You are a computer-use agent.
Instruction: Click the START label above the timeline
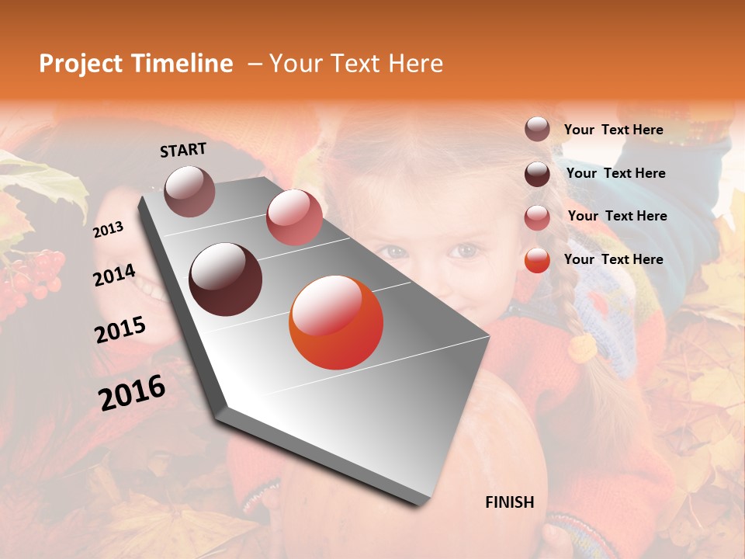(183, 150)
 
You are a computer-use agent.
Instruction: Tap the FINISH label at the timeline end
(509, 502)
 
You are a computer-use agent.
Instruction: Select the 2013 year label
(108, 229)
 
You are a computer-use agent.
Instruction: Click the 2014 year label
(114, 276)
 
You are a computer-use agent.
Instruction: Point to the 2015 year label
(120, 330)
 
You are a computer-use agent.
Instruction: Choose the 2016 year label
(132, 392)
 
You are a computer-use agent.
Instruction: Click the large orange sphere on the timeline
(336, 322)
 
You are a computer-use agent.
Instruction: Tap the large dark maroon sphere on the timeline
(226, 279)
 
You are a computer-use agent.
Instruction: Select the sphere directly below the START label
(190, 191)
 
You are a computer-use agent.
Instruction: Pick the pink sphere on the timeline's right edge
(294, 217)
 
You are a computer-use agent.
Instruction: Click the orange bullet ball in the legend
(537, 260)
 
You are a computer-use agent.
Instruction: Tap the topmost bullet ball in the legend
(537, 130)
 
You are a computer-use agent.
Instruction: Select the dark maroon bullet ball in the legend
(537, 174)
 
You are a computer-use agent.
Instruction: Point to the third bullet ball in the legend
(537, 217)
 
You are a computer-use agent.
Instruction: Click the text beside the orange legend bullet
(613, 259)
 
